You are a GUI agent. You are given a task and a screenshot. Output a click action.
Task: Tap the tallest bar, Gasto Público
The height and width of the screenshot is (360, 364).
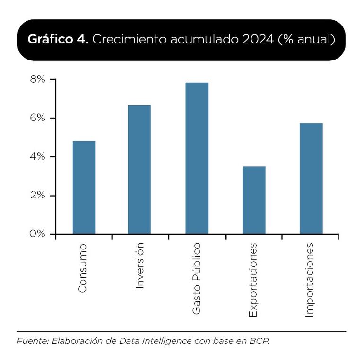tap(197, 158)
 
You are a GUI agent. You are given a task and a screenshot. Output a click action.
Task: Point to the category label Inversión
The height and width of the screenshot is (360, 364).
tap(139, 266)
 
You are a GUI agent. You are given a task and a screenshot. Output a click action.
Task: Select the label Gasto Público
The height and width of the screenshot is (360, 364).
tap(197, 279)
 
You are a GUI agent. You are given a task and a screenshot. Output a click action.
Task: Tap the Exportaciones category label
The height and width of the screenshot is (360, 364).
tap(253, 280)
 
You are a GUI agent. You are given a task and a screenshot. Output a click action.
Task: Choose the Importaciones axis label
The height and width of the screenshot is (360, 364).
tap(310, 280)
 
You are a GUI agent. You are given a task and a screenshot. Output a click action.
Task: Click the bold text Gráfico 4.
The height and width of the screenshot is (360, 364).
tap(58, 40)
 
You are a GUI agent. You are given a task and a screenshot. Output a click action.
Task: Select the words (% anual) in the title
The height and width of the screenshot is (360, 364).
tap(307, 40)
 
